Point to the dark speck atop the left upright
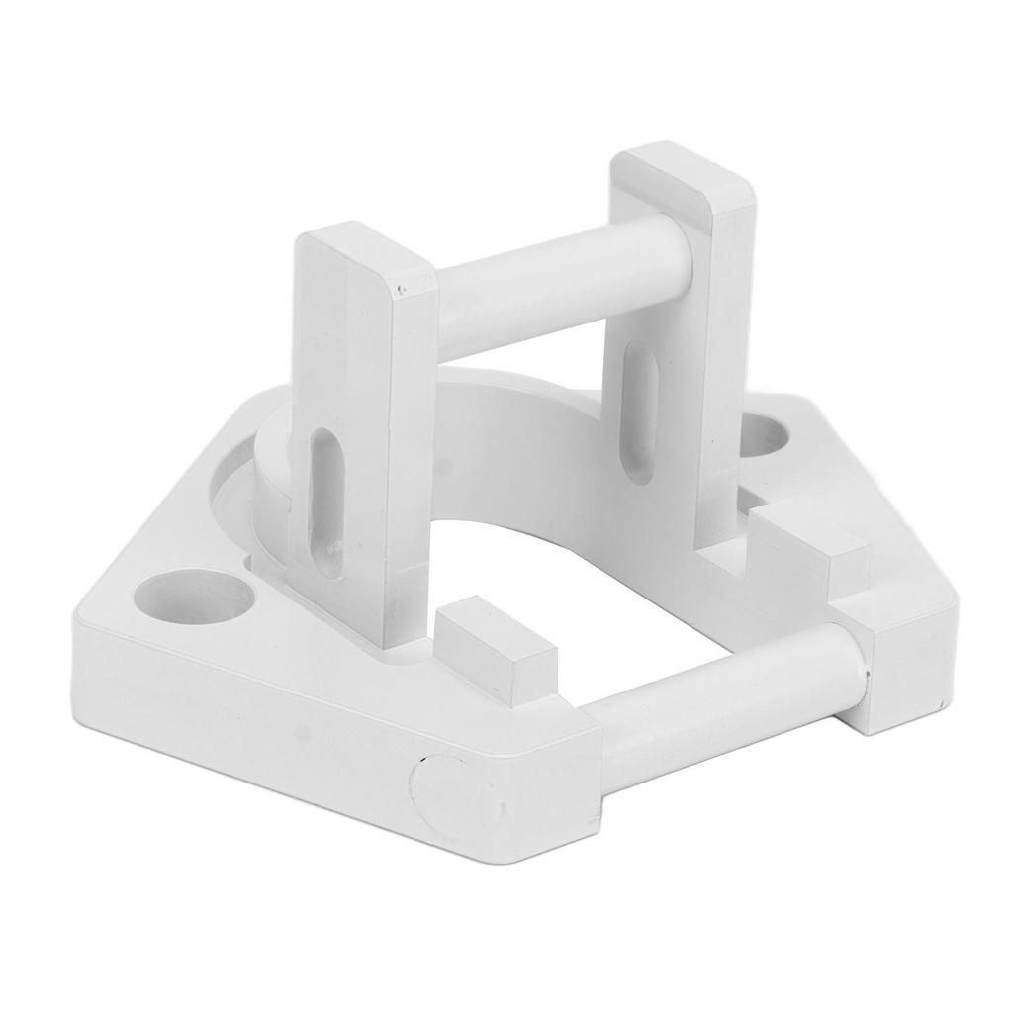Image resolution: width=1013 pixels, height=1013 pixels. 399,291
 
